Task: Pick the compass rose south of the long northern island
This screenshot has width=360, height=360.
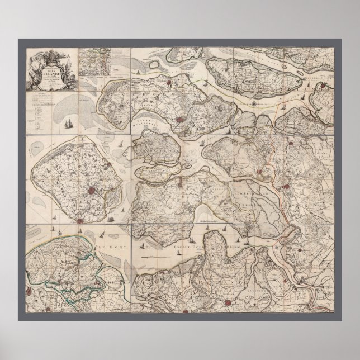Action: (x=255, y=103)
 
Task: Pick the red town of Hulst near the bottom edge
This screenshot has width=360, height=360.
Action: (x=227, y=302)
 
